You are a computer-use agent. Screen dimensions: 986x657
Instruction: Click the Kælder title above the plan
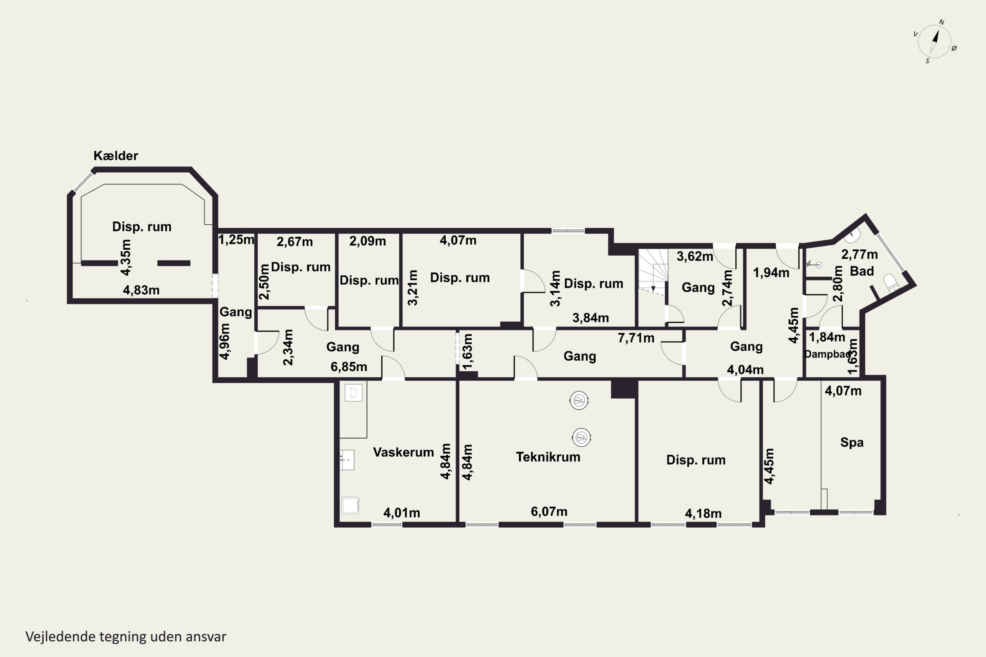tap(116, 155)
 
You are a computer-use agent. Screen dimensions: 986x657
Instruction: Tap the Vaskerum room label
tap(403, 452)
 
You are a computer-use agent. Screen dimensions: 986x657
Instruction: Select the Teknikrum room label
tap(548, 457)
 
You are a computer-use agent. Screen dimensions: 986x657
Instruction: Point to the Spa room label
tap(852, 442)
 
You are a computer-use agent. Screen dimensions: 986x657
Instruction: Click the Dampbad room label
tap(828, 354)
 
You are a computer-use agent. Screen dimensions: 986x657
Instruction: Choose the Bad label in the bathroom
tap(862, 271)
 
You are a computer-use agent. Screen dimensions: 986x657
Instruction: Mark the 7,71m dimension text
tap(636, 338)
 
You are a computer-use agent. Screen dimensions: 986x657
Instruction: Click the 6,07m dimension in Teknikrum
tap(549, 511)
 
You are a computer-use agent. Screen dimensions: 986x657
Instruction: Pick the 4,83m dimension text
tap(141, 290)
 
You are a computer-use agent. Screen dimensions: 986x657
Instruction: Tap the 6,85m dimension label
tap(349, 367)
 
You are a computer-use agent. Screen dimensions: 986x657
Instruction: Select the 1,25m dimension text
tap(236, 240)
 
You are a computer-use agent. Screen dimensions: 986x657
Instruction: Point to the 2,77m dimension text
tap(859, 254)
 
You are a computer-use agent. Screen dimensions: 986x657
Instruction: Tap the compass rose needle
tap(934, 41)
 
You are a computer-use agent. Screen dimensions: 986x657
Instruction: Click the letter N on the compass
tap(942, 22)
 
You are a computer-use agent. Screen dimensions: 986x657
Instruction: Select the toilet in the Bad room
tap(891, 283)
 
